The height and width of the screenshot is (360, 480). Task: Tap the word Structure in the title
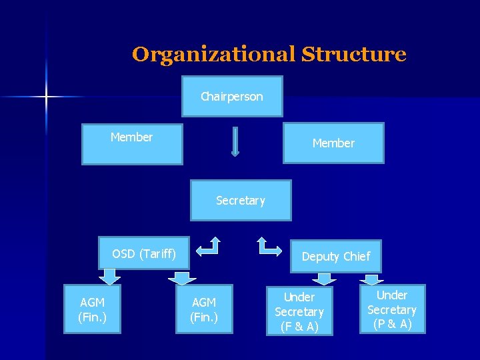pos(353,54)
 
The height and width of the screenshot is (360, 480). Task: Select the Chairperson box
pos(232,97)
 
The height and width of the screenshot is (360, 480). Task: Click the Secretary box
pos(241,200)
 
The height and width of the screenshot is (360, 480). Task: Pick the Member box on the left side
pos(132,143)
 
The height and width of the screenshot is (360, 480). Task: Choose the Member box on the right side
pos(333,143)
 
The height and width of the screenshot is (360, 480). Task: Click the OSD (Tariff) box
pos(144,253)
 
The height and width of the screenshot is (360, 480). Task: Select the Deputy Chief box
pos(336,257)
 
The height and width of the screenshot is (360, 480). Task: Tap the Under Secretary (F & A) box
pos(299,311)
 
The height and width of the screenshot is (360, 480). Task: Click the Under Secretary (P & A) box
pos(392,309)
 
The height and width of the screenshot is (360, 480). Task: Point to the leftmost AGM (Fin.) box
pos(93,309)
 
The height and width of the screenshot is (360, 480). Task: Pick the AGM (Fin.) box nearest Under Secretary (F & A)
pos(204,309)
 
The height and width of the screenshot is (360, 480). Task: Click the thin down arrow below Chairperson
pos(235,142)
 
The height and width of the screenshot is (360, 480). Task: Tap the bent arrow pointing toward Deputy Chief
pos(269,246)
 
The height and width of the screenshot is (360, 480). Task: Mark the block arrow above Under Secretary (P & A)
pos(373,279)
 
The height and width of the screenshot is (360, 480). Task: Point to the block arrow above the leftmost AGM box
pos(109,276)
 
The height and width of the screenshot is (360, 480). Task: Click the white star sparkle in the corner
pos(47,97)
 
